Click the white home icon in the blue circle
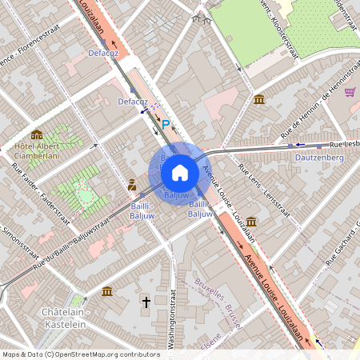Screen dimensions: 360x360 pyautogui.click(x=179, y=172)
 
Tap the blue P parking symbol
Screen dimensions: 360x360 pyautogui.click(x=166, y=124)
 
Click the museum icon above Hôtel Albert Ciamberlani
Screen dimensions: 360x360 pyautogui.click(x=37, y=134)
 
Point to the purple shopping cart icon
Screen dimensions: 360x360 pyautogui.click(x=350, y=92)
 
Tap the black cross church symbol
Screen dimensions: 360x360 pyautogui.click(x=146, y=302)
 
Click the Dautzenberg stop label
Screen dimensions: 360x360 pyautogui.click(x=318, y=158)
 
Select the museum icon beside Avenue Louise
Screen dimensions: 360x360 pyautogui.click(x=251, y=221)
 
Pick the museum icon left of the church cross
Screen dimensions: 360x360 pyautogui.click(x=107, y=290)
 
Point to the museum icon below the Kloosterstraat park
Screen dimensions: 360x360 pyautogui.click(x=259, y=99)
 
